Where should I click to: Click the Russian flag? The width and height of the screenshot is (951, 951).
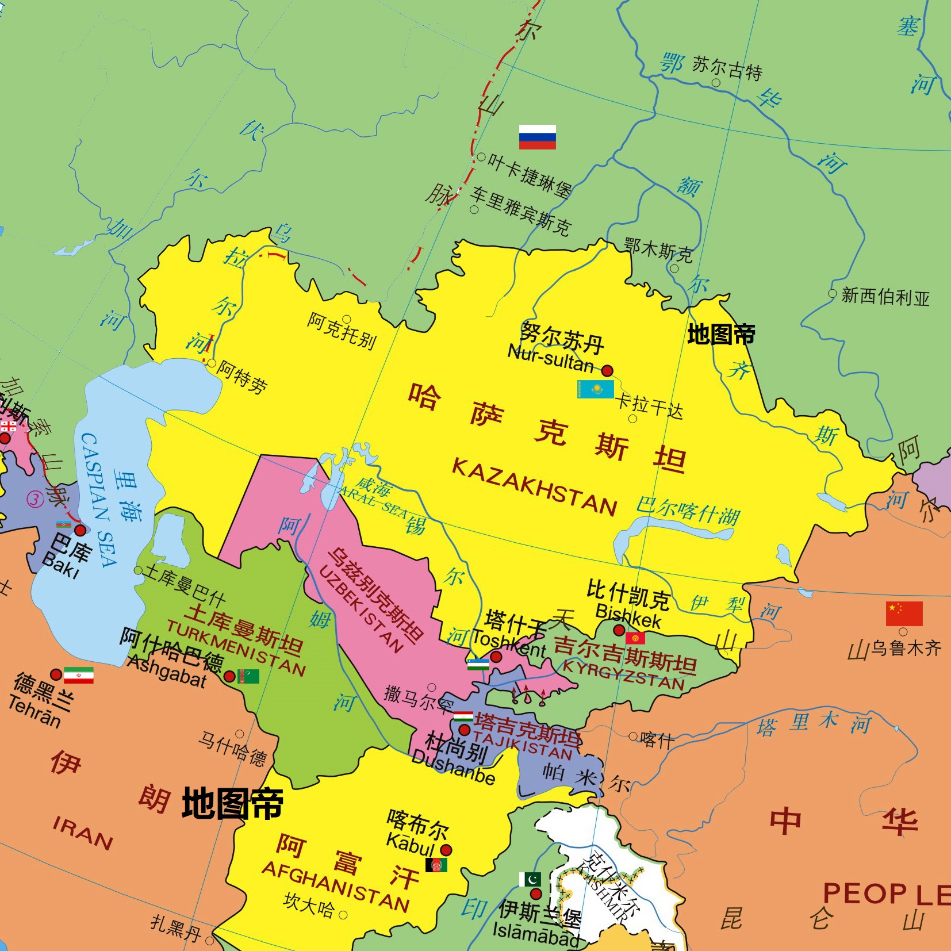pyautogui.click(x=537, y=137)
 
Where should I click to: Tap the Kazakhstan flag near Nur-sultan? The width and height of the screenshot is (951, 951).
pyautogui.click(x=595, y=389)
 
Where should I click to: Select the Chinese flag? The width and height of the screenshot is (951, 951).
pyautogui.click(x=904, y=613)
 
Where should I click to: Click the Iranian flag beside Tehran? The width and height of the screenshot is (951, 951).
pyautogui.click(x=78, y=675)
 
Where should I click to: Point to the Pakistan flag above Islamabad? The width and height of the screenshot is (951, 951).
pyautogui.click(x=530, y=880)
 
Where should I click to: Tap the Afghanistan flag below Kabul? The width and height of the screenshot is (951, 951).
pyautogui.click(x=436, y=865)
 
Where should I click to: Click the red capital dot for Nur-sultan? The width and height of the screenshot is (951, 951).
pyautogui.click(x=607, y=371)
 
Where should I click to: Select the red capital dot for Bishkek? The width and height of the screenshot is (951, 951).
pyautogui.click(x=619, y=630)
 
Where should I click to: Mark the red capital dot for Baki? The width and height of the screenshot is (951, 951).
pyautogui.click(x=80, y=530)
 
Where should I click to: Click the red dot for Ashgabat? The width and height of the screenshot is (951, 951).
pyautogui.click(x=229, y=676)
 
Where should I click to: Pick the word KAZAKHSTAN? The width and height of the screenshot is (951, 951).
pyautogui.click(x=534, y=486)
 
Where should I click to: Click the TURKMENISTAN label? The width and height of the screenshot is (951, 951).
pyautogui.click(x=236, y=647)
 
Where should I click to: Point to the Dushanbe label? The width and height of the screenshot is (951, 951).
pyautogui.click(x=453, y=768)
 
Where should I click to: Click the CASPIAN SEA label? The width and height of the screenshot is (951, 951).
pyautogui.click(x=99, y=500)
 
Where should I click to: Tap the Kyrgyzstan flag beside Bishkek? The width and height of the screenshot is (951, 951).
pyautogui.click(x=635, y=638)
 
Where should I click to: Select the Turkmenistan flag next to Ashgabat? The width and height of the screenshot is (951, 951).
pyautogui.click(x=248, y=676)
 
